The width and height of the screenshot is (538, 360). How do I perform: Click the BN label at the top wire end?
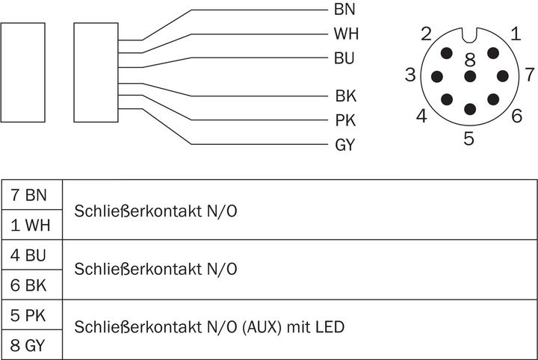tap(344, 10)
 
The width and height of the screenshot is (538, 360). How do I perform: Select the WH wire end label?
tap(345, 34)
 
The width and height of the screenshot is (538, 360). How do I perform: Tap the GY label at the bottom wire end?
tap(344, 145)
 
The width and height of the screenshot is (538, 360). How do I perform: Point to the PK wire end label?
tap(344, 120)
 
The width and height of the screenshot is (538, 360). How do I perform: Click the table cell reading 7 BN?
tap(31, 196)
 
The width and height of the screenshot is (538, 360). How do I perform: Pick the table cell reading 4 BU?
tap(31, 255)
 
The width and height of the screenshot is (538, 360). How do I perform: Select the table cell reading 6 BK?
tap(31, 285)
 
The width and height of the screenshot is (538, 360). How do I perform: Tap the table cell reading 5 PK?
tap(31, 315)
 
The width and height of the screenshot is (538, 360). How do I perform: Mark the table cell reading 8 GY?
tap(31, 345)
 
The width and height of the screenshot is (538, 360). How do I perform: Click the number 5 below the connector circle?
tap(469, 138)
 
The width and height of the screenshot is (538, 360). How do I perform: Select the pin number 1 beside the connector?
tap(516, 33)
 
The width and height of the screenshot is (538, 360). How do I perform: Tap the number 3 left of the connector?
tap(410, 75)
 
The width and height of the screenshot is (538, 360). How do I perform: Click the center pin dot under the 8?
tap(469, 76)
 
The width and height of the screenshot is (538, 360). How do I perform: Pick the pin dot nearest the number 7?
tap(502, 75)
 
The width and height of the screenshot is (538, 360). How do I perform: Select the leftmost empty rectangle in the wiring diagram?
tap(23, 72)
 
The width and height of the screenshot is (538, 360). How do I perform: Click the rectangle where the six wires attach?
tap(96, 72)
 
